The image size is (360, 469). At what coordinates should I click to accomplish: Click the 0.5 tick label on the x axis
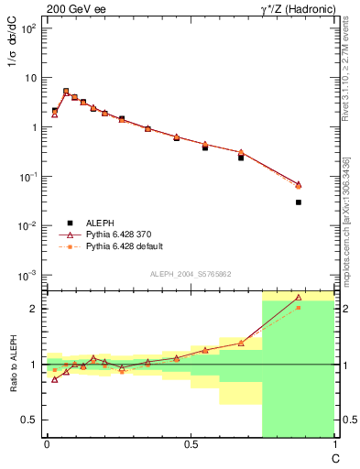(x=190, y=444)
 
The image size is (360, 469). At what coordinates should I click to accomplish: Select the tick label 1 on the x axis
(x=333, y=444)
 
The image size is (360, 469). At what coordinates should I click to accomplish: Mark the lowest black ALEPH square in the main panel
(x=299, y=202)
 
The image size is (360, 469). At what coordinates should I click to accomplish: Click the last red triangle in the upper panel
(x=299, y=184)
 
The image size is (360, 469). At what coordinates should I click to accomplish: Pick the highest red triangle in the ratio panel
(x=299, y=297)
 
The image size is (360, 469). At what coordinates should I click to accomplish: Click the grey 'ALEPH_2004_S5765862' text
(x=190, y=274)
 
